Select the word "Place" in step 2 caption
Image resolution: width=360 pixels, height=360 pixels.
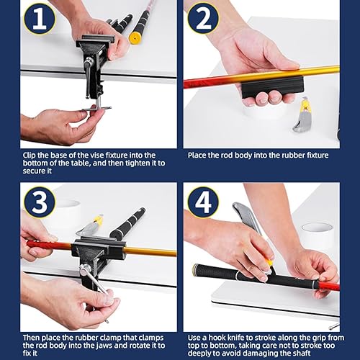pyautogui.click(x=199, y=155)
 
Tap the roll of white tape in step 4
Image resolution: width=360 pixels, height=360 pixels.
pyautogui.click(x=317, y=234)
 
